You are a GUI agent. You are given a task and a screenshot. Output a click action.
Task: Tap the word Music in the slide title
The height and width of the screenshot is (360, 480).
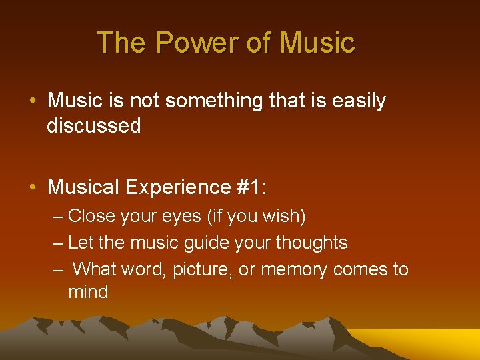click(317, 43)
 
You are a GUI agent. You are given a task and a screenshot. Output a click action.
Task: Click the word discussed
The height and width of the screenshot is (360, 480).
click(94, 125)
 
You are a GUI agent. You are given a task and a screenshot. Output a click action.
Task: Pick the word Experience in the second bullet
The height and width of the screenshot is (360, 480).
click(177, 187)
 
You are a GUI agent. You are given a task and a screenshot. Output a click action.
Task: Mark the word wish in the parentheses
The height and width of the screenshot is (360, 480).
click(281, 216)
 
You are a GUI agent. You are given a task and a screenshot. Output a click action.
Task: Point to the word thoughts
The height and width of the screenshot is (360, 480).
click(315, 243)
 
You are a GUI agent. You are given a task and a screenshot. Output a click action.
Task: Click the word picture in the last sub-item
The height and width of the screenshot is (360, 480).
click(201, 269)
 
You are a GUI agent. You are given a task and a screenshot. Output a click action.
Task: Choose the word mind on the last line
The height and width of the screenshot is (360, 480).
click(88, 292)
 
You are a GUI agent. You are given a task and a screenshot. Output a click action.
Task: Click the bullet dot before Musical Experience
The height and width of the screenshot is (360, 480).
click(33, 188)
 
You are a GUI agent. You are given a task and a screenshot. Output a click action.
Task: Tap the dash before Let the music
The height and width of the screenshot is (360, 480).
click(58, 243)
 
